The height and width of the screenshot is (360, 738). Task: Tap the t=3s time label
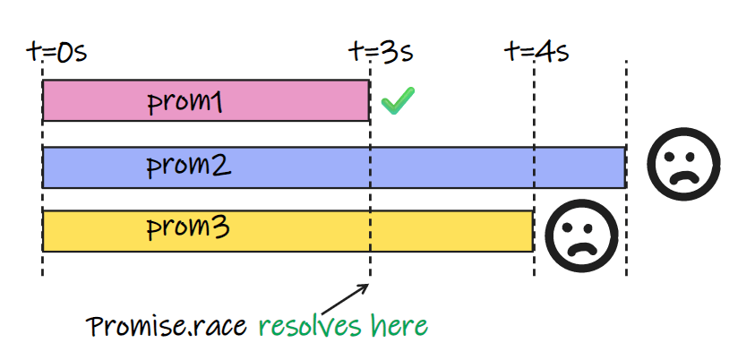click(381, 51)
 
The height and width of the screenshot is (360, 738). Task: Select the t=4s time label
click(537, 51)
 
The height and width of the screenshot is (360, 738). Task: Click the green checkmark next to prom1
click(397, 100)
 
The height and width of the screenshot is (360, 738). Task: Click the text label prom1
click(184, 102)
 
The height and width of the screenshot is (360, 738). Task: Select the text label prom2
click(189, 167)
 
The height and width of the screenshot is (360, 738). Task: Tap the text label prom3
click(189, 230)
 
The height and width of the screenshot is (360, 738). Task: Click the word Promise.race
click(167, 326)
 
